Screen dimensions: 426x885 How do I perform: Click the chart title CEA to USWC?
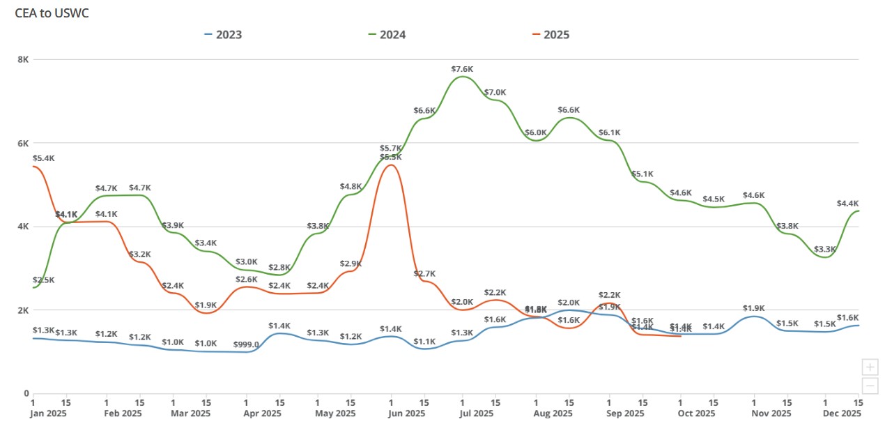pos(52,13)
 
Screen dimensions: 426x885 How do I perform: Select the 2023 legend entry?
pos(223,34)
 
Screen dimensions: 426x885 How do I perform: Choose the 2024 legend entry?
pos(387,34)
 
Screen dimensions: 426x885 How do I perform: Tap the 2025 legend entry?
pos(550,34)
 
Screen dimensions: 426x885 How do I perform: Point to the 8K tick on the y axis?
pos(23,60)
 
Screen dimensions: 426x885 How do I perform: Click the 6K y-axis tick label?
pos(23,144)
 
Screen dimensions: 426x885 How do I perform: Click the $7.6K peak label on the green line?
pos(462,69)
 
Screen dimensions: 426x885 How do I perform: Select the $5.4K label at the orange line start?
pos(43,158)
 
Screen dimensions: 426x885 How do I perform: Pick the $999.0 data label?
pos(246,344)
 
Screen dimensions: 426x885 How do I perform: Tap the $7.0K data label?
pos(495,93)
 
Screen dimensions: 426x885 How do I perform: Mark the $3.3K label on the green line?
pos(825,250)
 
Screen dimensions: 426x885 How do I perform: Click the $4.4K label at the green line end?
pos(847,204)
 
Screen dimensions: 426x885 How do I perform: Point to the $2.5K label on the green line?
pos(43,280)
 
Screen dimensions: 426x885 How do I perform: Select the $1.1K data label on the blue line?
pos(424,342)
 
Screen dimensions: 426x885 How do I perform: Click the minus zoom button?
pos(870,386)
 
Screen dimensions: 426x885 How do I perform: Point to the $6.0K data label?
pos(536,132)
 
